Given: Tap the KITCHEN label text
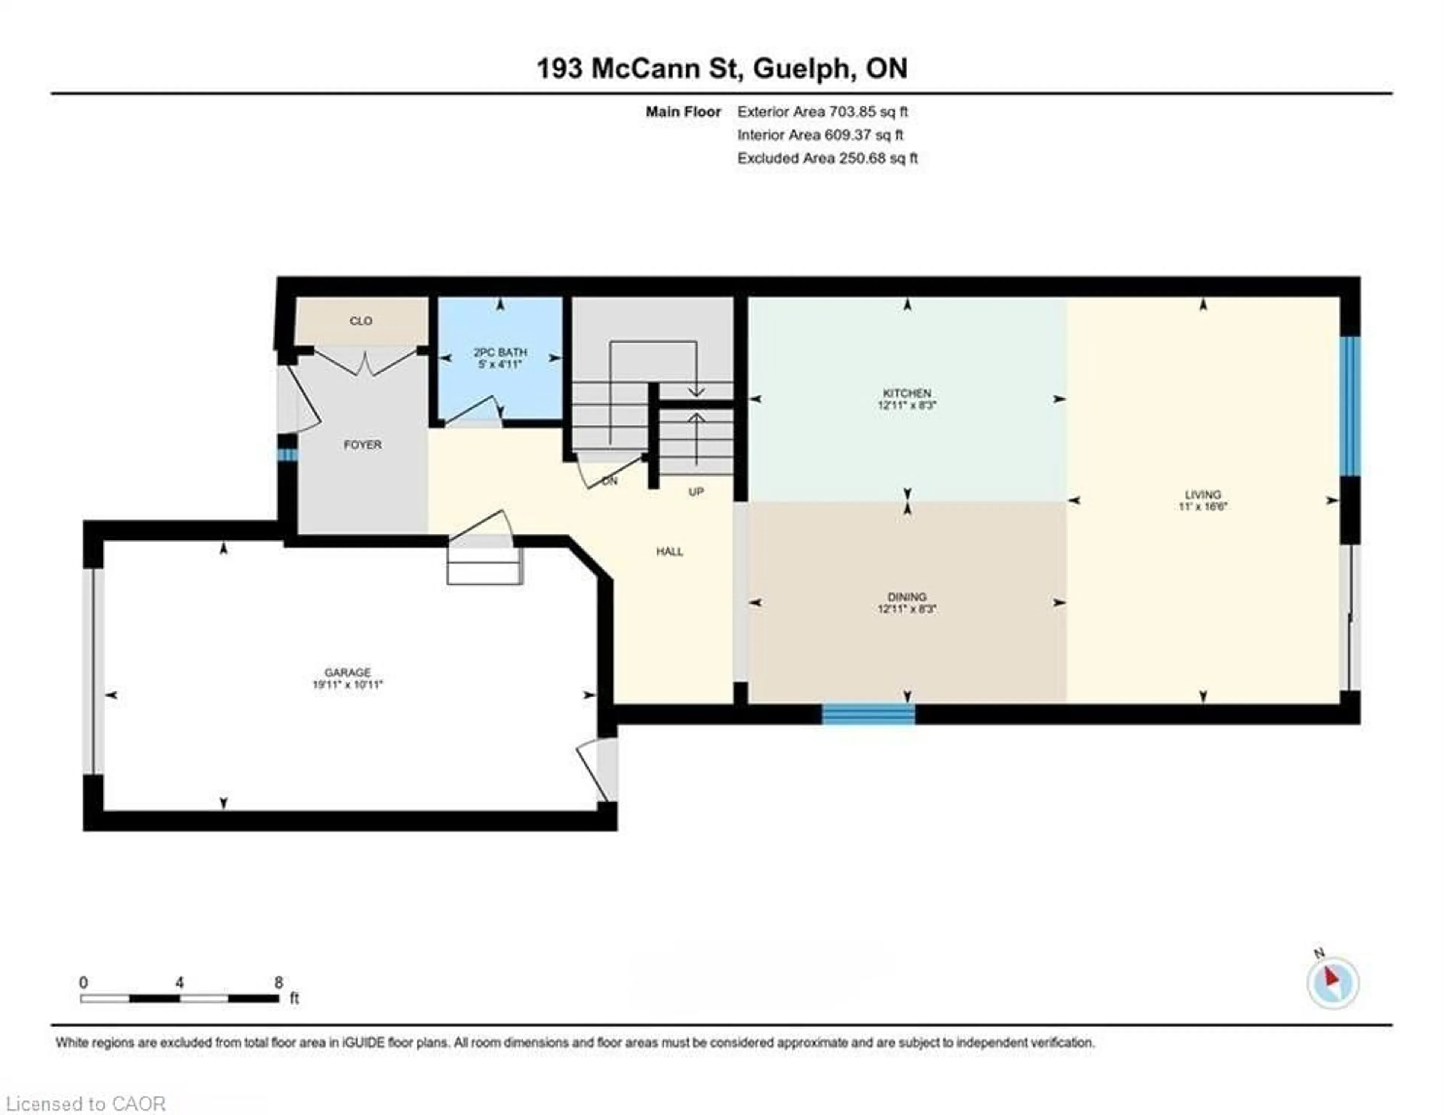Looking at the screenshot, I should (x=907, y=393).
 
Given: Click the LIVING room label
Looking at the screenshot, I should (x=1203, y=495).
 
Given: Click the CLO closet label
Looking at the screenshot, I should (x=361, y=321).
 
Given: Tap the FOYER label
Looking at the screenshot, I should (x=363, y=445).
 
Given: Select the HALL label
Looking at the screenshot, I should (x=669, y=551).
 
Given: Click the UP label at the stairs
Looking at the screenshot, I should (x=696, y=492).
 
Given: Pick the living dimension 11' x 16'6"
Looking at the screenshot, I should (x=1203, y=507).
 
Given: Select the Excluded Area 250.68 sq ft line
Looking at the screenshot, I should (x=827, y=158).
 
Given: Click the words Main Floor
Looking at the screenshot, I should (x=683, y=112).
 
